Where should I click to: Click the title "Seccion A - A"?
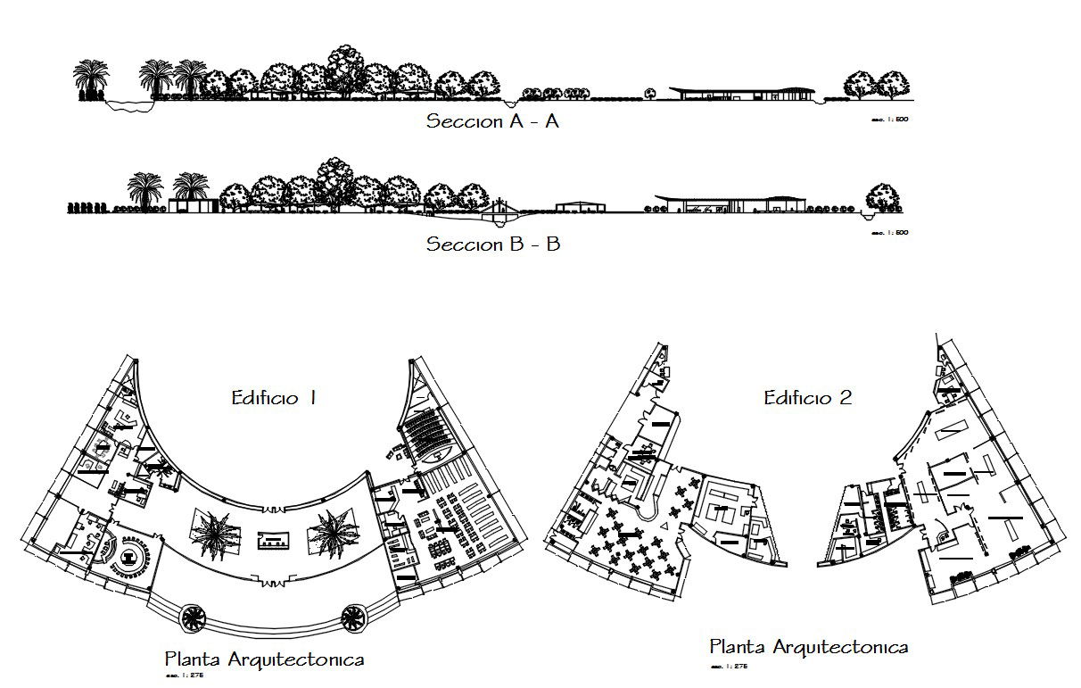coord(492,121)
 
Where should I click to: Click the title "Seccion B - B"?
coord(492,244)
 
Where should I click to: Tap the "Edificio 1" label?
coord(274,398)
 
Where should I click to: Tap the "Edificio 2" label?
coord(807,398)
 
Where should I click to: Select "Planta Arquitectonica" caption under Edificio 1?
coord(264,660)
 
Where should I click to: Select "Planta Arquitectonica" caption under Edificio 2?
coord(808,647)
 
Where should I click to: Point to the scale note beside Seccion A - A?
coord(888,120)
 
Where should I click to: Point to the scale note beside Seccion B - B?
coord(888,233)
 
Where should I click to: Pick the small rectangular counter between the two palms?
coord(273,539)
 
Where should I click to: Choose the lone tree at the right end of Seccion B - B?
coord(882,198)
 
